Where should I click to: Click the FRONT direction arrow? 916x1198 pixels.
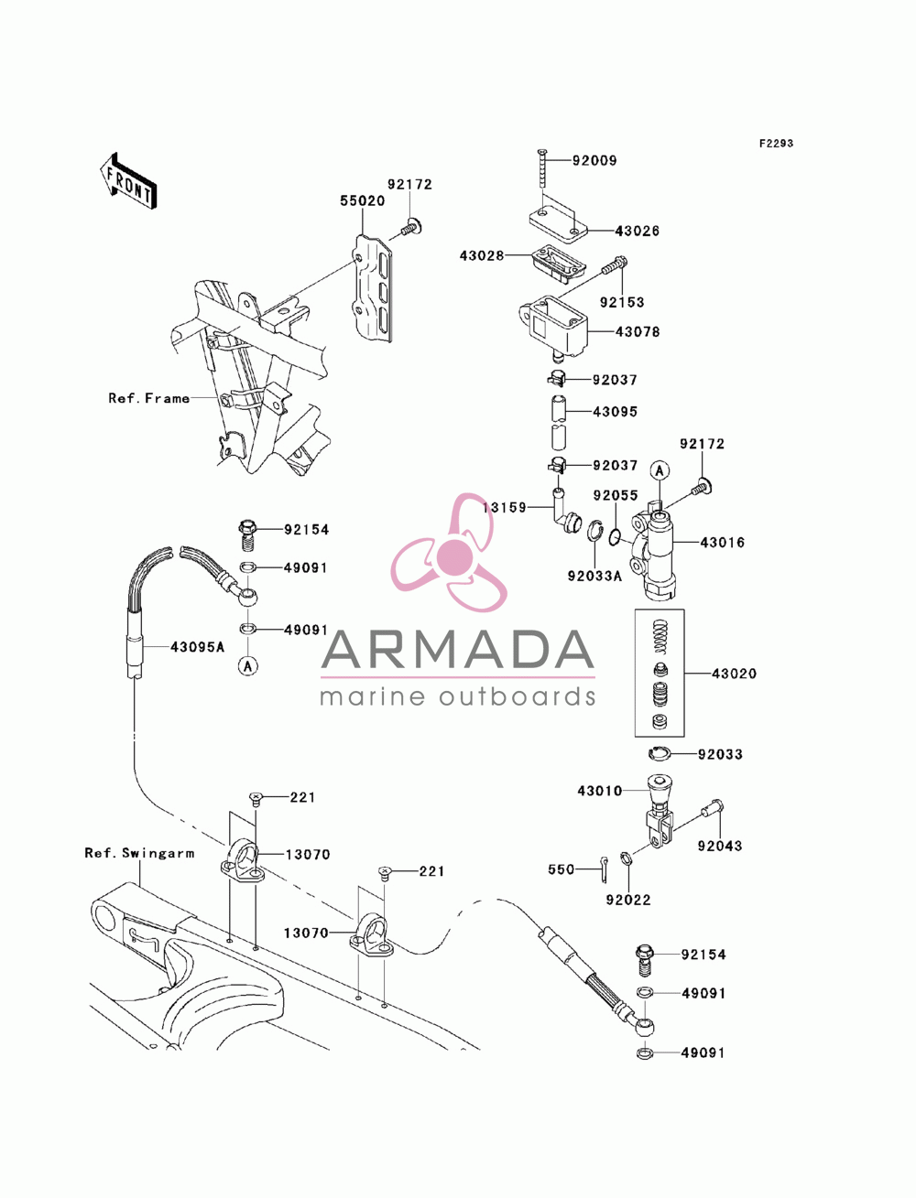point(128,181)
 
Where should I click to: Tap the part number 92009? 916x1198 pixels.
point(594,160)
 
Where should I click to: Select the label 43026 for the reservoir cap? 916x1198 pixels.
point(637,231)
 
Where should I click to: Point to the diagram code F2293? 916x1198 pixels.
point(776,143)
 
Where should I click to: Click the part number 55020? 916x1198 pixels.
point(362,200)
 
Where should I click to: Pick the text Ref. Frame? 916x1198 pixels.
point(148,398)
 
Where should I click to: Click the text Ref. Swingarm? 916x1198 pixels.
point(139,853)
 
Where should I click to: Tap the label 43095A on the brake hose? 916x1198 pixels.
point(197,647)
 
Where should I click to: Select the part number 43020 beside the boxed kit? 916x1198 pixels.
point(734,674)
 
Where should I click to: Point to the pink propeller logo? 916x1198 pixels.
point(449,554)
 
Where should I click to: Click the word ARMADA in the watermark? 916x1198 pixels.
point(457,650)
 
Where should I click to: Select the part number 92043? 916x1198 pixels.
point(720,846)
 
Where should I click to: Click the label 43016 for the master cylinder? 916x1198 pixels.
point(722,543)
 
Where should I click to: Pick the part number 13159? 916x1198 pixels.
point(504,508)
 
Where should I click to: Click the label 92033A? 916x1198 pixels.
point(594,576)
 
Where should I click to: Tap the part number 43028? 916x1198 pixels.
point(481,255)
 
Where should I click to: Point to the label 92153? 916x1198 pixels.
point(622,302)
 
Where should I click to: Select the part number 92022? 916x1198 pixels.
point(628,900)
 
